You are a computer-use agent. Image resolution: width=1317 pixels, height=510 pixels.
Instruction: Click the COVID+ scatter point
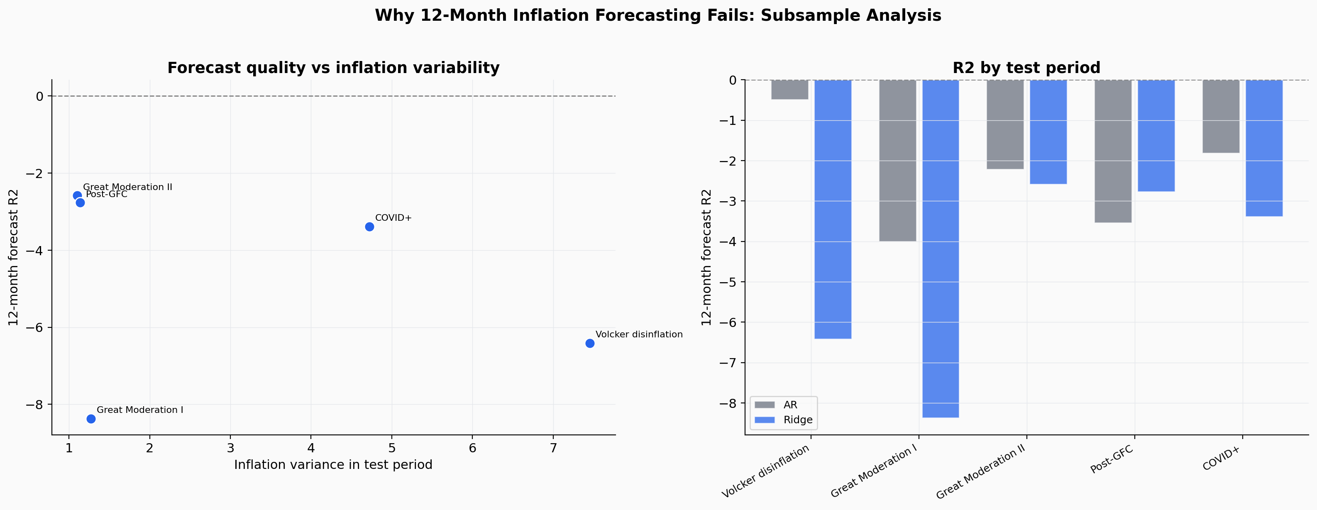pos(369,227)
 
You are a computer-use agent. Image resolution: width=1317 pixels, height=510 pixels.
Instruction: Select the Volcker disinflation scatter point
pos(589,344)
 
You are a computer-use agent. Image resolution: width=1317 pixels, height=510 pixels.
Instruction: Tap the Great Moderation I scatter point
pos(91,419)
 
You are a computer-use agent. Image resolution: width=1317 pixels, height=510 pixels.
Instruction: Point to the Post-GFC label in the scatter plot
pos(106,195)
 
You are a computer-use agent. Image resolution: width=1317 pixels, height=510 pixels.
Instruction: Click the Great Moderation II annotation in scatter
pos(127,187)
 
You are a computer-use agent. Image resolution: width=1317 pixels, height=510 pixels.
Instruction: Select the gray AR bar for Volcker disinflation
pos(789,90)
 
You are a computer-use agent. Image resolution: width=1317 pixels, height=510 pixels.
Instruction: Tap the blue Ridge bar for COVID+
pos(1264,148)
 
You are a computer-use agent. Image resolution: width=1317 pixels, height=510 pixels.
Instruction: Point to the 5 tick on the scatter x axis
pos(392,449)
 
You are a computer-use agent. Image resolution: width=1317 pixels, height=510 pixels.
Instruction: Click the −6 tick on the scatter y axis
pos(35,327)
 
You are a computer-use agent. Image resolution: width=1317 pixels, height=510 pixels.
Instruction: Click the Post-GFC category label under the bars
pos(1112,459)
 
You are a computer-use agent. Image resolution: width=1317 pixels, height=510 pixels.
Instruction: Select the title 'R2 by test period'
pos(1026,68)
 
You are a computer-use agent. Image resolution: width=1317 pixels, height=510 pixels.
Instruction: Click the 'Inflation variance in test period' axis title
pos(333,464)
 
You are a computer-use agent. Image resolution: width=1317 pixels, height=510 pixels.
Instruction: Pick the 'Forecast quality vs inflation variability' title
pos(333,68)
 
